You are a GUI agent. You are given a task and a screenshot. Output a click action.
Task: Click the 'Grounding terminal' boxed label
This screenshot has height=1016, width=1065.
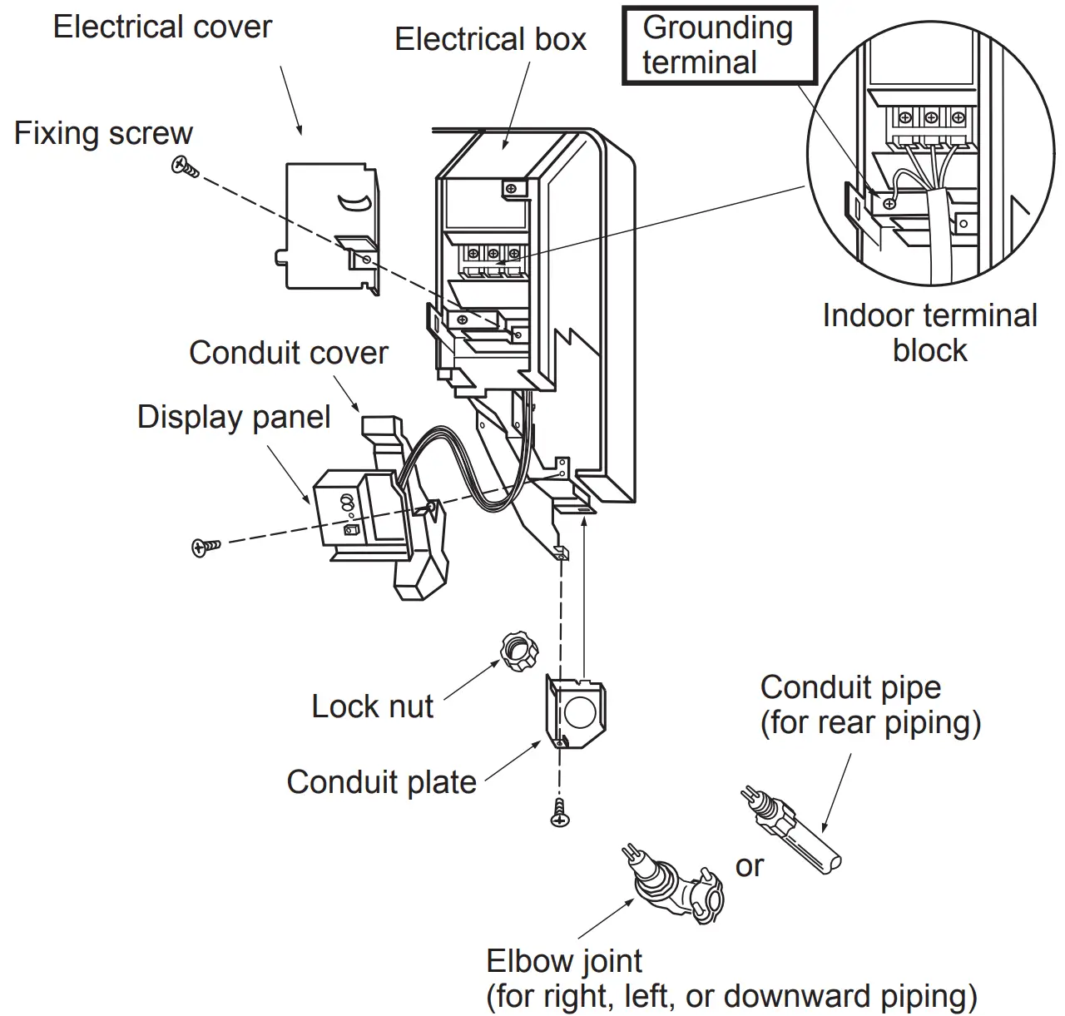(x=719, y=45)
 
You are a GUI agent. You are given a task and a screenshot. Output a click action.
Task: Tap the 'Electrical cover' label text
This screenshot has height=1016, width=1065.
(x=162, y=27)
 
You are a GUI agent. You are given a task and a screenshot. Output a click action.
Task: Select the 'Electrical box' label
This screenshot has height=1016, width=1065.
(x=490, y=39)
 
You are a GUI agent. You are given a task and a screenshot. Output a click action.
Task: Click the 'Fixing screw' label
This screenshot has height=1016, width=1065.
(x=103, y=133)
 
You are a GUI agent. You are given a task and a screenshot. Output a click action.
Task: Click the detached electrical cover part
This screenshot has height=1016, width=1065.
(x=329, y=226)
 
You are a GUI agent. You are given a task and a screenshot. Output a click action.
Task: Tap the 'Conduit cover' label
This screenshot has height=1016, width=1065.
(x=288, y=353)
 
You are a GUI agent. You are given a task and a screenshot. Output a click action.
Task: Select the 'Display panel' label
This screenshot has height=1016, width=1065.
(x=234, y=417)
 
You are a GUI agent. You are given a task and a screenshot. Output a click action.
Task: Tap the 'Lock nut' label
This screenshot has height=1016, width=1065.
(x=372, y=706)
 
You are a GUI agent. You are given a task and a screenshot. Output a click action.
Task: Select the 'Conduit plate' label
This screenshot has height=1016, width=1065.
(x=381, y=782)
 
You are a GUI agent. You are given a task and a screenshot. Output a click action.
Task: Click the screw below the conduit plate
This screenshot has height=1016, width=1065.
(x=561, y=814)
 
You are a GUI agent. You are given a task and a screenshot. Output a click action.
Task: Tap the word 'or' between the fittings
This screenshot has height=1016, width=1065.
(x=749, y=866)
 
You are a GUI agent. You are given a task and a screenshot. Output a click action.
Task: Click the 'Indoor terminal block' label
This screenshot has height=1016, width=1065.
(x=929, y=333)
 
